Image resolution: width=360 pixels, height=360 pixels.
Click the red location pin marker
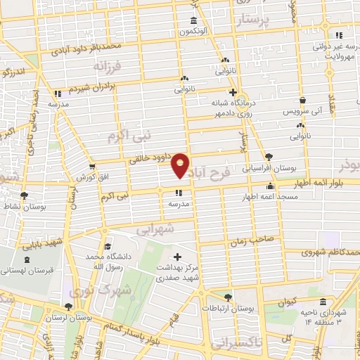pos(181,166)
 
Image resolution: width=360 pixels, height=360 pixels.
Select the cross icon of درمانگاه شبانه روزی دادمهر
pos(233,92)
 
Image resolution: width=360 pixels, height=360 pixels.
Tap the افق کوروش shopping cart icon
pos(91,167)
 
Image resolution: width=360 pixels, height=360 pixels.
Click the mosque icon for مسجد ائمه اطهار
pos(271,186)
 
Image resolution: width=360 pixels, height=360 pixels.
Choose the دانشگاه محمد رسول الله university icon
pos(108,246)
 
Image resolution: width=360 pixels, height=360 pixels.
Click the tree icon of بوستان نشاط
pos(25,195)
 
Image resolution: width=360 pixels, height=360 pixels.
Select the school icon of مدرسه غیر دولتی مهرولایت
pos(339,36)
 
